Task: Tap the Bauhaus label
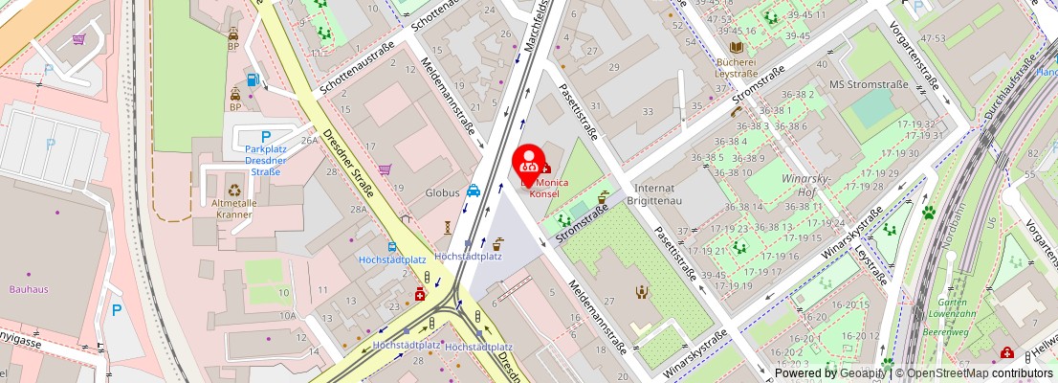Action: [x=29, y=288]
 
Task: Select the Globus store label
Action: [x=442, y=192]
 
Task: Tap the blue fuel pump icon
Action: [x=253, y=79]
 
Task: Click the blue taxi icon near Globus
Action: [x=474, y=191]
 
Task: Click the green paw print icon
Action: [x=928, y=212]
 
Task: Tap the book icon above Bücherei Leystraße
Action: [x=736, y=47]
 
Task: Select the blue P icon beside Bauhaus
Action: [x=117, y=310]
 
